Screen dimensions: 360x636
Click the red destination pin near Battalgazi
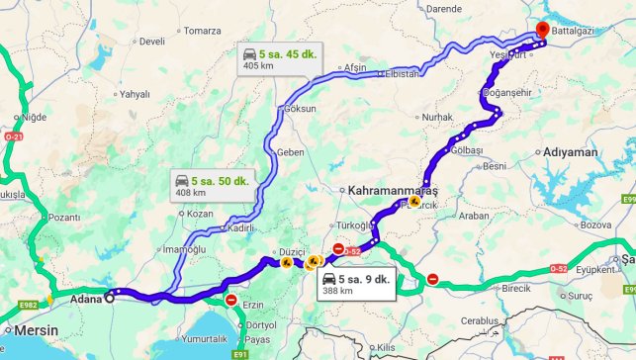[x=542, y=31]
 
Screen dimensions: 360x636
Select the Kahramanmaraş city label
[x=394, y=189]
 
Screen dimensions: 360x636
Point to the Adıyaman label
[x=571, y=152]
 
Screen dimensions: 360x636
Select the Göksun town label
[x=301, y=109]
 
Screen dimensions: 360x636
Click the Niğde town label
[x=34, y=117]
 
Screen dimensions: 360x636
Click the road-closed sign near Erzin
[x=231, y=300]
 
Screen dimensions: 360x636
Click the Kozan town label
[x=200, y=214]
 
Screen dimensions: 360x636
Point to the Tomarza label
[x=203, y=31]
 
